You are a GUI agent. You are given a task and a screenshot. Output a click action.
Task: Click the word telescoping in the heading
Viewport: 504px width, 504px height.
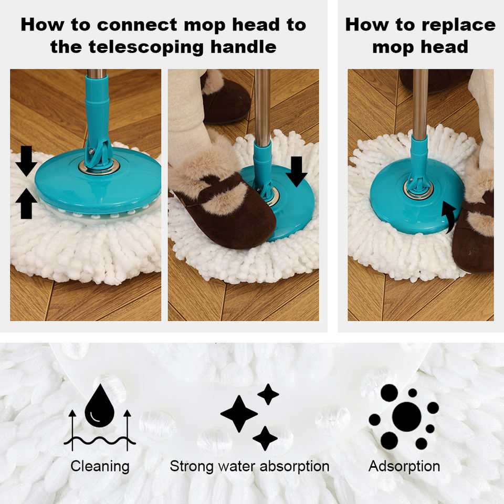147,47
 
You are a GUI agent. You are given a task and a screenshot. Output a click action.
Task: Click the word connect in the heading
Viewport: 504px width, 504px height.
137,25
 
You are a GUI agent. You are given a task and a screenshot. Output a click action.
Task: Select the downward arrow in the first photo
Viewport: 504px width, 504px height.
26,161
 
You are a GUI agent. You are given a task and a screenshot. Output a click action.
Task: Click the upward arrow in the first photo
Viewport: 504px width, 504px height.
26,204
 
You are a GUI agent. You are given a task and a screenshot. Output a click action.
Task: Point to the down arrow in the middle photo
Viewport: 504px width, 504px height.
296,172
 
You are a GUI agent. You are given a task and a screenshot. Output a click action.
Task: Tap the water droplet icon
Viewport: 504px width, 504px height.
100,406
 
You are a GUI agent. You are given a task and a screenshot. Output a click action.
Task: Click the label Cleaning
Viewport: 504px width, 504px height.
100,466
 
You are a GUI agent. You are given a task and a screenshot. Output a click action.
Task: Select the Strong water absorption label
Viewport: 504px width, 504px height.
249,466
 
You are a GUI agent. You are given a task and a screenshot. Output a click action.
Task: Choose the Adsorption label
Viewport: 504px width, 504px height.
404,466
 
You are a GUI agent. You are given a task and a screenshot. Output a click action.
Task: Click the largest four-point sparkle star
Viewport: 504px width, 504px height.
238,414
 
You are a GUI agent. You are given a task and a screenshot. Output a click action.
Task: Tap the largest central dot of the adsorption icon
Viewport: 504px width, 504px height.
406,416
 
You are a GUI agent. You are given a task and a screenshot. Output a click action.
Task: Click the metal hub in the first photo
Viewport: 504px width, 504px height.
99,167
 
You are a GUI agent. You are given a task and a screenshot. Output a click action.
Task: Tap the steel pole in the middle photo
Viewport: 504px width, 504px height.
262,106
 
